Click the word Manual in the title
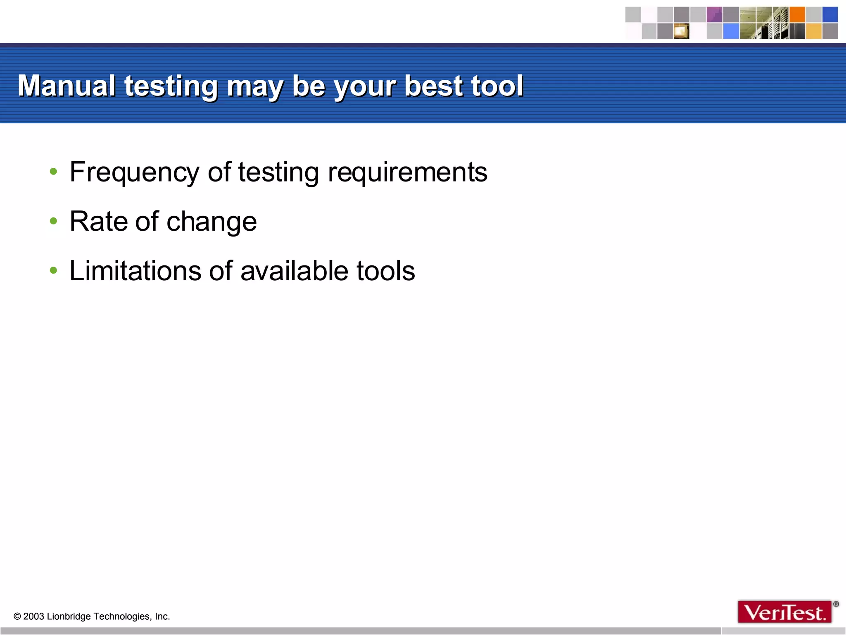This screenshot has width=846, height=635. pos(67,86)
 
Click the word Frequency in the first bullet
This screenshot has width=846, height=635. pos(134,172)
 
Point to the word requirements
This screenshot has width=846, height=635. pos(407,172)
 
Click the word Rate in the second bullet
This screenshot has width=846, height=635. pos(98,222)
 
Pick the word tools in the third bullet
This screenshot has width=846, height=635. pos(385,271)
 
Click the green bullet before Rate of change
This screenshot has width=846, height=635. pos(53,222)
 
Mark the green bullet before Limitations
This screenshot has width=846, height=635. pos(53,271)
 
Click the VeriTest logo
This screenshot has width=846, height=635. pos(784,612)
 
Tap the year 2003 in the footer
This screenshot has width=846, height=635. pos(33,616)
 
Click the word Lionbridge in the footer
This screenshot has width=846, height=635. pos(69,616)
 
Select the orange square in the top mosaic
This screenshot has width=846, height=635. pos(797,15)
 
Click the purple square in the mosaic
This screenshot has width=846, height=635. pos(714,15)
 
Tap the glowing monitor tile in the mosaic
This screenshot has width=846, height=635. pos(681,31)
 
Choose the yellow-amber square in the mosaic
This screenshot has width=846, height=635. pos(813,31)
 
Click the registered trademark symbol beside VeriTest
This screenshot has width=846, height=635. pos(836,604)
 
